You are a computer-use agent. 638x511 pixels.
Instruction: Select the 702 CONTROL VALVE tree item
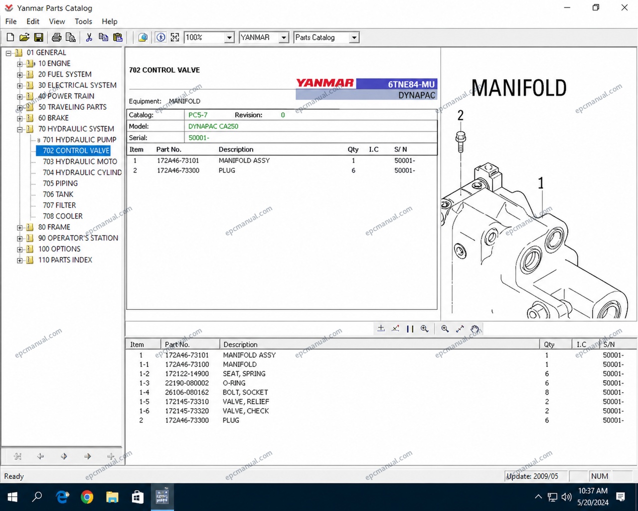pyautogui.click(x=76, y=151)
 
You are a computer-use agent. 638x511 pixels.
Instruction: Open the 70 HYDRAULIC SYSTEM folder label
pyautogui.click(x=76, y=129)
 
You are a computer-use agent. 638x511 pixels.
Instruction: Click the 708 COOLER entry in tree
pyautogui.click(x=63, y=216)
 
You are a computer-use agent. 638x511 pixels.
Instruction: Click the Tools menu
pyautogui.click(x=83, y=21)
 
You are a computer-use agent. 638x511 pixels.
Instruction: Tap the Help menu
pyautogui.click(x=109, y=21)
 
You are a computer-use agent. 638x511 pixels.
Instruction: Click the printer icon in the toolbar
pyautogui.click(x=56, y=37)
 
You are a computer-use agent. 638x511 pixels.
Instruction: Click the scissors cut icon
pyautogui.click(x=89, y=37)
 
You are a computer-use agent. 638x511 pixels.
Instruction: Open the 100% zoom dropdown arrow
pyautogui.click(x=229, y=38)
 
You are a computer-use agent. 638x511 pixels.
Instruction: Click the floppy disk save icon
pyautogui.click(x=38, y=37)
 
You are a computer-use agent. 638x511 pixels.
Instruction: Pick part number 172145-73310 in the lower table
pyautogui.click(x=187, y=402)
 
